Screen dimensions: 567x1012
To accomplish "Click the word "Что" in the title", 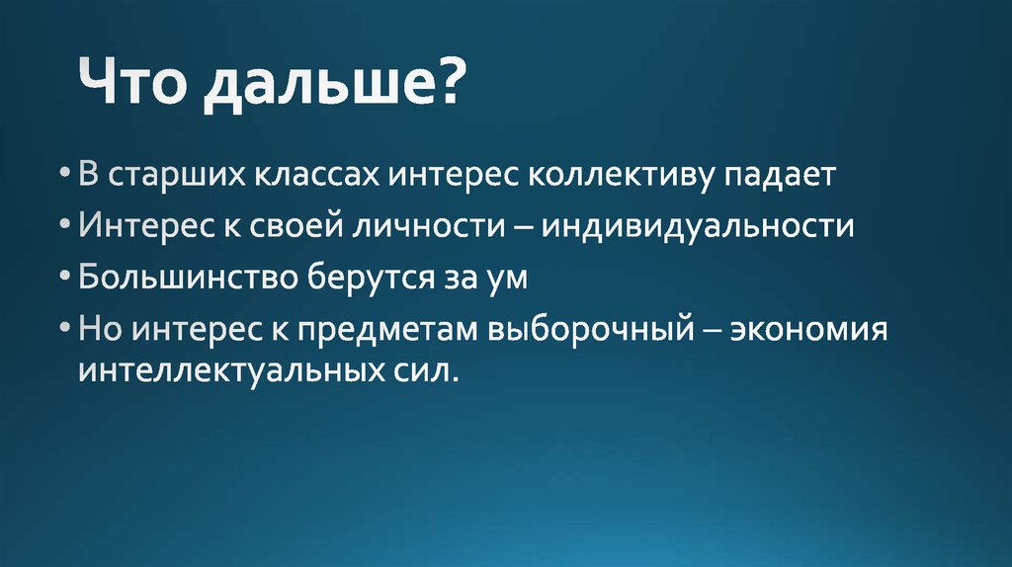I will pos(133,90).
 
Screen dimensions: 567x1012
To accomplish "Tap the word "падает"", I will pos(781,177).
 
